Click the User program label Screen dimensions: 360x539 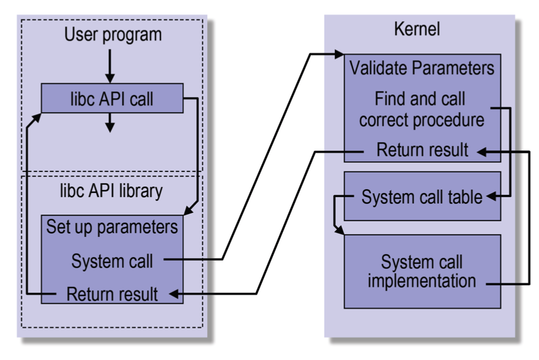click(x=113, y=35)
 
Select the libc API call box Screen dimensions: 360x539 click(x=112, y=98)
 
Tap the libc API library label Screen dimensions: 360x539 click(x=113, y=192)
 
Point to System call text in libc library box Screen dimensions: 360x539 click(x=112, y=261)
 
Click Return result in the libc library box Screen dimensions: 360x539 click(x=112, y=294)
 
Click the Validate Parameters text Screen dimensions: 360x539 click(x=422, y=68)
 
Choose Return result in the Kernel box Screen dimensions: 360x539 click(x=422, y=151)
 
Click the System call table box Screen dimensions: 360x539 click(x=422, y=197)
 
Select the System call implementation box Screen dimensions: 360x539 click(x=422, y=272)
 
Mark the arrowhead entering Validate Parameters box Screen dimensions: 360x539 click(x=338, y=55)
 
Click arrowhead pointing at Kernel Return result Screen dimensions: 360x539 click(x=480, y=151)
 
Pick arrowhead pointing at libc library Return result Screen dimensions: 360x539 click(x=171, y=294)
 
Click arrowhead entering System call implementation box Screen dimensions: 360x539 click(x=341, y=231)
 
